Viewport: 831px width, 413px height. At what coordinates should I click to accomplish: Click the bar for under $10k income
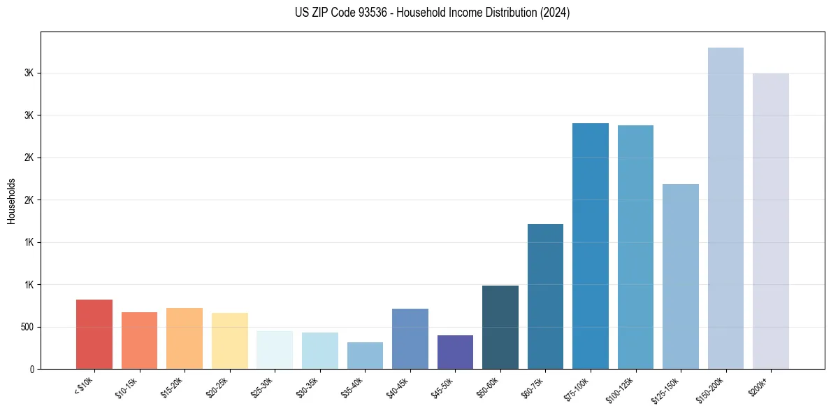[x=94, y=334]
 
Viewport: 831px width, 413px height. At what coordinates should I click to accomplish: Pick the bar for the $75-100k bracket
[x=591, y=246]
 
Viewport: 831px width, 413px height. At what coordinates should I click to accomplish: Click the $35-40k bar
[x=365, y=356]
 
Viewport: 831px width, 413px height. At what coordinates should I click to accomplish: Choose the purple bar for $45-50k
[x=455, y=352]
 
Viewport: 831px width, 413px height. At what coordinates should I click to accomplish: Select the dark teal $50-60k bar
[x=500, y=327]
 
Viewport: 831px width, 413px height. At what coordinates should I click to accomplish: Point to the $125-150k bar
[x=681, y=276]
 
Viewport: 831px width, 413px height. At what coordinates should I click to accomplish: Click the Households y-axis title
[x=11, y=201]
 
